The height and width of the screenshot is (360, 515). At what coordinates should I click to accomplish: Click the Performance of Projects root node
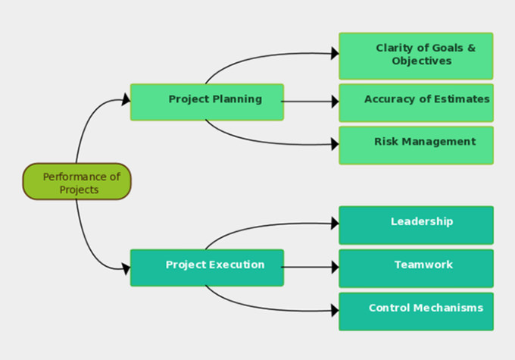click(76, 182)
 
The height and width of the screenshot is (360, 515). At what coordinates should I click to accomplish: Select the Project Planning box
click(207, 102)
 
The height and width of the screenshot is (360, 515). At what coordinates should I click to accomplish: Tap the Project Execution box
click(207, 267)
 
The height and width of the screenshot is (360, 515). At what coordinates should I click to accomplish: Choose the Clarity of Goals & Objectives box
click(416, 55)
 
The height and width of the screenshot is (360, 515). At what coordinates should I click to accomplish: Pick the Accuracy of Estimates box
click(416, 102)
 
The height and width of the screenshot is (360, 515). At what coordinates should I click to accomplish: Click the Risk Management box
click(416, 145)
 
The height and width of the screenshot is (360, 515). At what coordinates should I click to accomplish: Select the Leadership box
click(416, 224)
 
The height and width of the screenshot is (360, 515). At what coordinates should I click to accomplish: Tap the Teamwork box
click(416, 268)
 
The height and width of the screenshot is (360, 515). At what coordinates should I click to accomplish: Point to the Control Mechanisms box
click(416, 311)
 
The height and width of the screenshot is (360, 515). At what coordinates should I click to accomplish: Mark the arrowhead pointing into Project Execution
click(126, 267)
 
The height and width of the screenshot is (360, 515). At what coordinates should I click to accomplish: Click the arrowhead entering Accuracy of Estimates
click(334, 100)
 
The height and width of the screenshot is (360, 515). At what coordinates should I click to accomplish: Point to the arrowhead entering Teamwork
click(334, 267)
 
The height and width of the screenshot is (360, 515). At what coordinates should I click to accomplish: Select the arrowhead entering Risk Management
click(334, 144)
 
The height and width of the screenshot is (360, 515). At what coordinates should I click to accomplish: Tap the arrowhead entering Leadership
click(334, 223)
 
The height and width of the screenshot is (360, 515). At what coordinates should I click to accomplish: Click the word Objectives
click(422, 61)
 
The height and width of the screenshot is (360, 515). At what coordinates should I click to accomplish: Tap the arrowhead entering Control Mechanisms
click(334, 310)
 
